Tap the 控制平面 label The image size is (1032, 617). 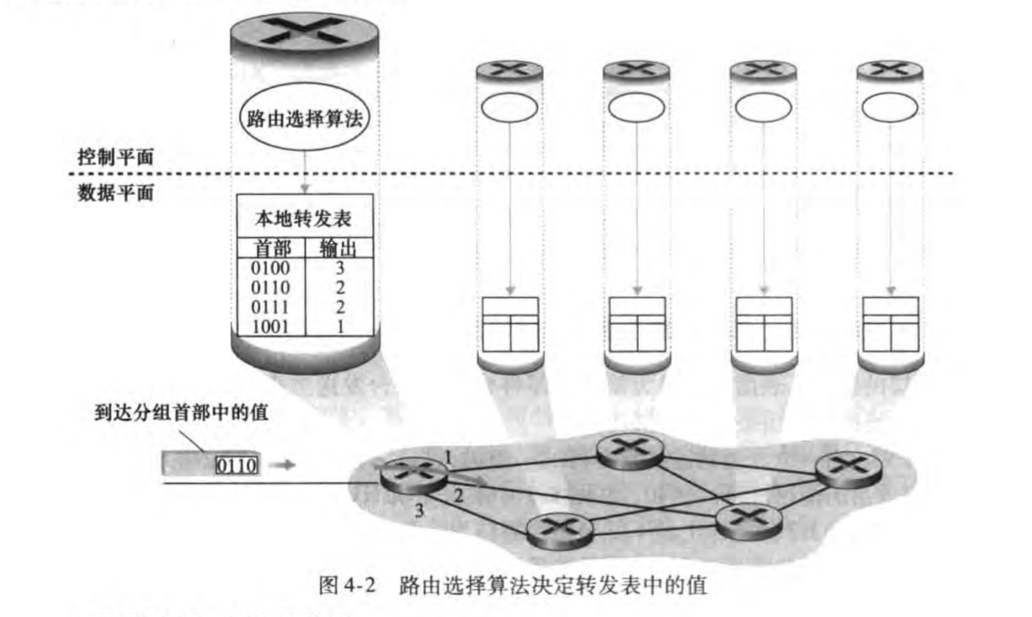pos(116,159)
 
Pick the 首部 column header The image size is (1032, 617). pos(271,248)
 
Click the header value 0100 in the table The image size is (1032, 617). pos(270,264)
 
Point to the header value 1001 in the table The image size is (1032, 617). pos(270,325)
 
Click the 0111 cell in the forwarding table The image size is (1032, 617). pos(270,305)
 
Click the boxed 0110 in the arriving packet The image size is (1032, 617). pos(236,464)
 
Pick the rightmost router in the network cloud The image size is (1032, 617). pos(848,471)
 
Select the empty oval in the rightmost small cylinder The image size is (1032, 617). pos(889,108)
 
